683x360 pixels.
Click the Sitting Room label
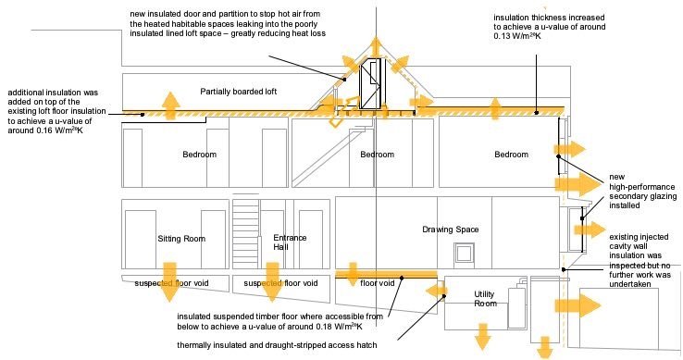pos(181,239)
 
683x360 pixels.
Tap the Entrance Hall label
pos(290,242)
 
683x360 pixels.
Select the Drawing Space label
pos(451,230)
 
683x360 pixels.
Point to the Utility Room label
pos(484,299)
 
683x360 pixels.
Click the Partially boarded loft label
pos(238,92)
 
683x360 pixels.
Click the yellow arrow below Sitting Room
pos(169,282)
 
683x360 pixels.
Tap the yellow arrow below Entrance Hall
pos(272,282)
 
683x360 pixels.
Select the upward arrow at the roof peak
pos(375,45)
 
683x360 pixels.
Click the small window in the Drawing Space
pos(463,254)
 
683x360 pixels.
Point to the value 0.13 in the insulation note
pos(502,36)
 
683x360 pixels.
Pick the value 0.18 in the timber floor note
pos(325,327)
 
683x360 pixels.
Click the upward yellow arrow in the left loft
pos(170,106)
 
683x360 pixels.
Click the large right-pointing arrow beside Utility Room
pos(578,305)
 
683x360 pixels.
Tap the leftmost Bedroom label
pos(200,155)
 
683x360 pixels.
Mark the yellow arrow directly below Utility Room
pos(482,336)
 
